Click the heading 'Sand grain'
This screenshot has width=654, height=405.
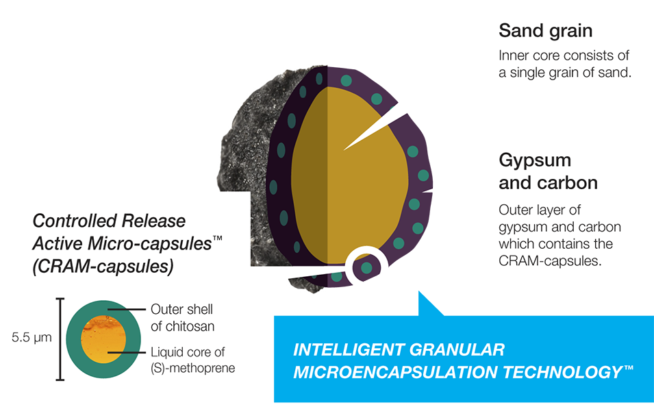(x=545, y=31)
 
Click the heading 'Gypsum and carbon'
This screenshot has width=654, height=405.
(x=548, y=172)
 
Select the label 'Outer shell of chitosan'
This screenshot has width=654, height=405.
(x=182, y=317)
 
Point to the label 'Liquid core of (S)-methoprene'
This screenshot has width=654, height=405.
(x=192, y=360)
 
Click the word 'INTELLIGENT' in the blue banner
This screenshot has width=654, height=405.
(x=349, y=350)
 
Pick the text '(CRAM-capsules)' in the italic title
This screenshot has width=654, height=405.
(x=102, y=267)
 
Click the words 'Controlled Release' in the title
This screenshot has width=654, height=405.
(x=109, y=221)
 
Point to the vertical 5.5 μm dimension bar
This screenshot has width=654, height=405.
(x=60, y=339)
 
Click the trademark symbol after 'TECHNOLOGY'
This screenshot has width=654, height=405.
(x=628, y=369)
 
